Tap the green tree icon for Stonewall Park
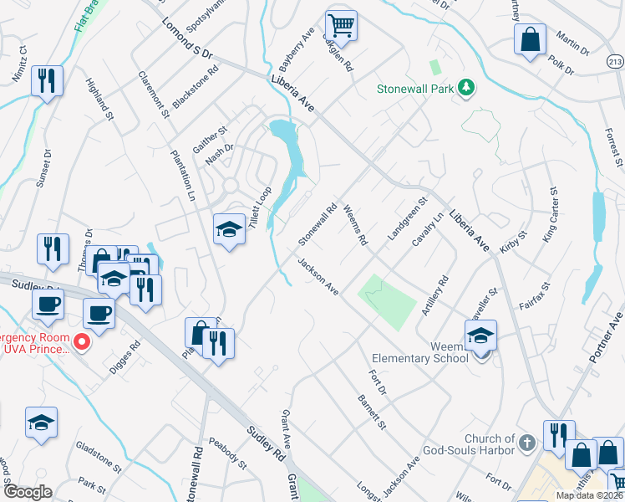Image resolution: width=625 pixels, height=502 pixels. click(466, 87)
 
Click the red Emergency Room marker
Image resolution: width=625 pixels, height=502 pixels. click(82, 341)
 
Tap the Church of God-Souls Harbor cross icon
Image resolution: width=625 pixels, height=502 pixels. click(526, 441)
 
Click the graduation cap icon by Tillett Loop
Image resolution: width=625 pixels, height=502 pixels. click(228, 228)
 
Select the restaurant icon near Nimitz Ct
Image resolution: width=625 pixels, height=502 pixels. click(45, 80)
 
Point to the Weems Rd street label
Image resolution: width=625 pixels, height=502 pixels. click(355, 227)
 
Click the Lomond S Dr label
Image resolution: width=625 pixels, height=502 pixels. click(188, 38)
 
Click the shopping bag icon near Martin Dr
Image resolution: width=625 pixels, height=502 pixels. click(530, 38)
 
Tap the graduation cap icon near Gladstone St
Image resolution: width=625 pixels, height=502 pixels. click(40, 422)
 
